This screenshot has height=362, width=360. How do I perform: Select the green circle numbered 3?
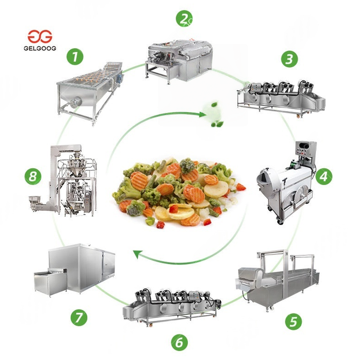tap(289, 59)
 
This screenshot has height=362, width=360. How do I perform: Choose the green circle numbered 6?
tap(179, 343)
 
